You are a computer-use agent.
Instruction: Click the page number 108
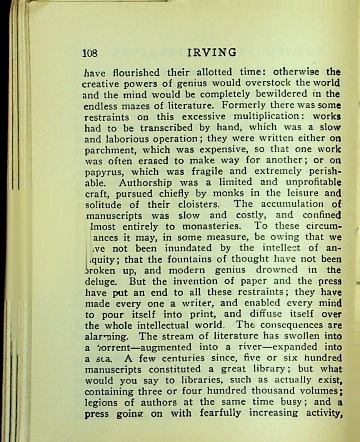tap(90, 53)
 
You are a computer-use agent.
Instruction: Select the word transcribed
tap(158, 127)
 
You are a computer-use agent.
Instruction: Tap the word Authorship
tap(144, 183)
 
